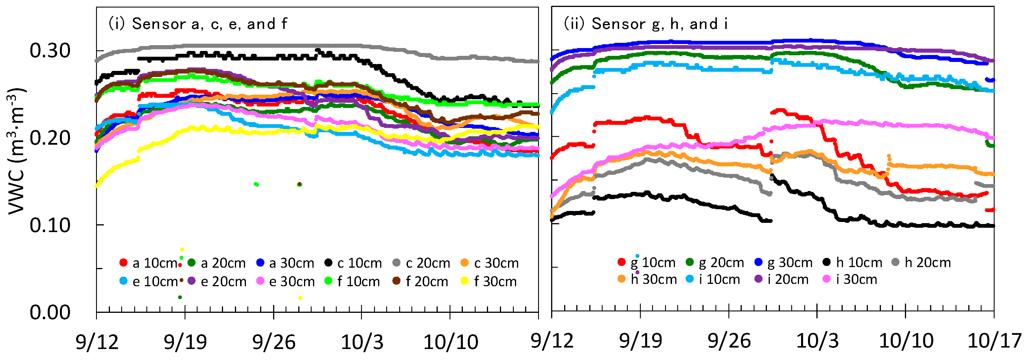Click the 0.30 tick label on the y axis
point(50,51)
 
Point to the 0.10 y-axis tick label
point(50,226)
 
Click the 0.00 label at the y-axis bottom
point(50,313)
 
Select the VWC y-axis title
point(17,151)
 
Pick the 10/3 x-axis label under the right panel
point(817,342)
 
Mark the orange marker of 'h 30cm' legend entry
point(621,279)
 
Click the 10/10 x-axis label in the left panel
point(450,342)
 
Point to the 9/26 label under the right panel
point(729,342)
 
